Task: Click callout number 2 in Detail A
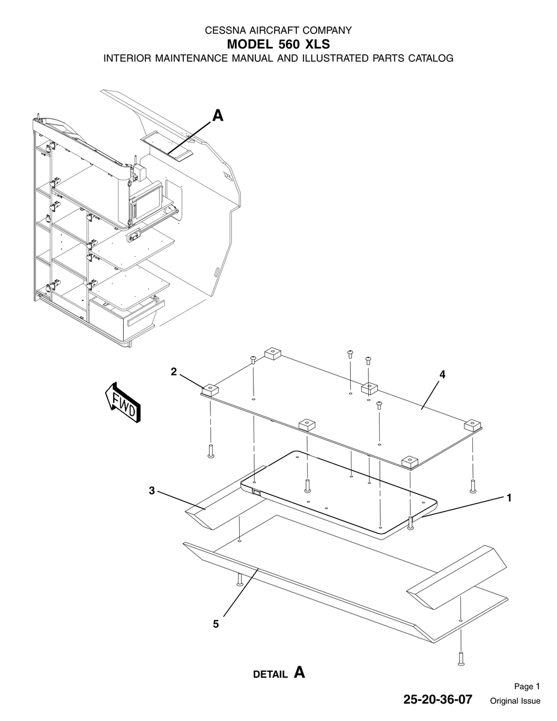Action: [x=174, y=371]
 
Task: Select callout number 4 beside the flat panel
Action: [x=442, y=374]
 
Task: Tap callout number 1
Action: [x=509, y=497]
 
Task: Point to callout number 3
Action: [x=151, y=490]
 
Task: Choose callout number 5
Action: [x=216, y=624]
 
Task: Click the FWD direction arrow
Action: [x=123, y=403]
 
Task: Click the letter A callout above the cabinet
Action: [x=218, y=116]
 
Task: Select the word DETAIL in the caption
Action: [x=270, y=675]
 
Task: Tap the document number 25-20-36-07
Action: [x=437, y=699]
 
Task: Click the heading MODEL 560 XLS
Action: [x=278, y=44]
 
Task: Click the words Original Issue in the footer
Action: [x=515, y=701]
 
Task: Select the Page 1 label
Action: [x=527, y=686]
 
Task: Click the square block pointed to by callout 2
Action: [x=210, y=389]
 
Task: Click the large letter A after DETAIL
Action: [x=299, y=672]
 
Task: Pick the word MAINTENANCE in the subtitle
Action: [x=192, y=58]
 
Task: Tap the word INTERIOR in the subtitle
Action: [x=128, y=58]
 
